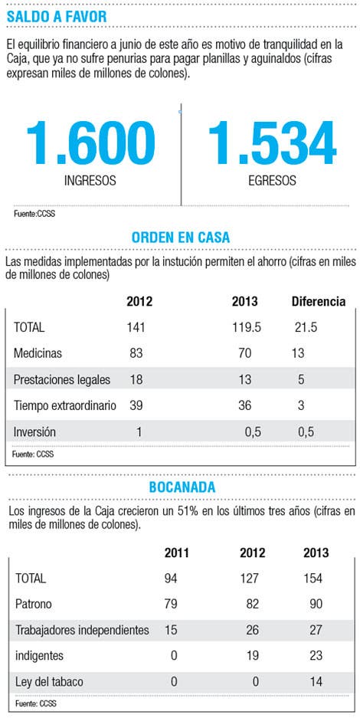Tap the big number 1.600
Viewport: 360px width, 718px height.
90,143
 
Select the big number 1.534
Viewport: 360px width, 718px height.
273,143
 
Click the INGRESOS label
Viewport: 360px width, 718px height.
90,180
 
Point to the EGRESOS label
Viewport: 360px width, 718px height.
272,180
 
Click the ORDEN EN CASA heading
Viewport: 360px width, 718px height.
181,238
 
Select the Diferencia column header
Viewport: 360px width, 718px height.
319,301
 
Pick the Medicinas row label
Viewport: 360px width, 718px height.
38,353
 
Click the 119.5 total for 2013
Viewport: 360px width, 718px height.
245,327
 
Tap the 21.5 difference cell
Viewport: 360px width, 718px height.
305,327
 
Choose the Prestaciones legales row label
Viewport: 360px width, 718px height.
62,379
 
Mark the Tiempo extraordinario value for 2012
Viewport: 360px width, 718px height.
136,405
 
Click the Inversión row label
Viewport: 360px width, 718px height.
34,432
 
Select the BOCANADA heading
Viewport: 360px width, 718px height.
182,487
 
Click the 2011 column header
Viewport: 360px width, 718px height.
177,552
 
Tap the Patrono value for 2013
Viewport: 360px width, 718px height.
316,604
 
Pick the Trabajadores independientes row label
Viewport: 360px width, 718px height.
82,630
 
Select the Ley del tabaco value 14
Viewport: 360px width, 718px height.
316,681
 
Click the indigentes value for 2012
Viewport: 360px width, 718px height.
253,656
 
